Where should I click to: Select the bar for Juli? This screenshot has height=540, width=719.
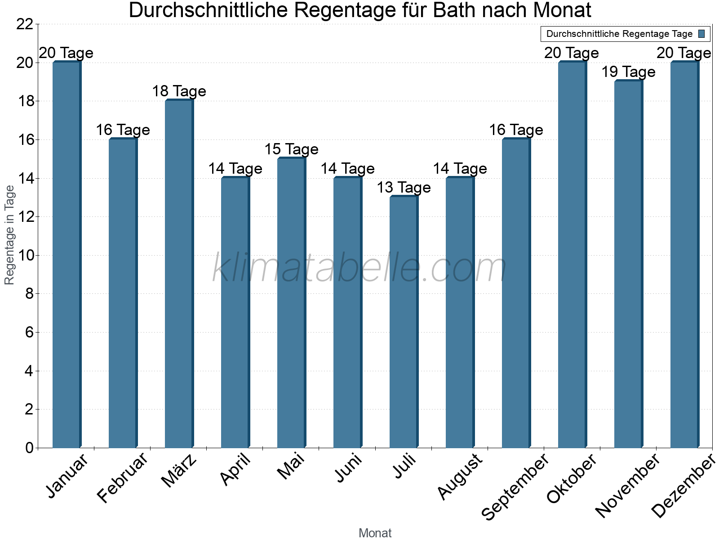404,322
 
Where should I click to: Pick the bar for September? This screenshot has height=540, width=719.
516,293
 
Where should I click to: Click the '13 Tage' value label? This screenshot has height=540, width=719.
404,187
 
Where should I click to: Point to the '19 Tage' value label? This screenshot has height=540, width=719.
628,72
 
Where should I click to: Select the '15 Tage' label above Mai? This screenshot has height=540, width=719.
291,149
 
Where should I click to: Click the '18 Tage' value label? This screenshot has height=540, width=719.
179,91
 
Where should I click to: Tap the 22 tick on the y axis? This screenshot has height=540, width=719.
25,24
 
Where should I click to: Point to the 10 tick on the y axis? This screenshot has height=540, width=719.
25,256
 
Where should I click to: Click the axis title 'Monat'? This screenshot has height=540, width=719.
375,533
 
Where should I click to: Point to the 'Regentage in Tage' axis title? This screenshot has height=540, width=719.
9,235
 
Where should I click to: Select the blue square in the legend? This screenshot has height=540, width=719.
701,34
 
